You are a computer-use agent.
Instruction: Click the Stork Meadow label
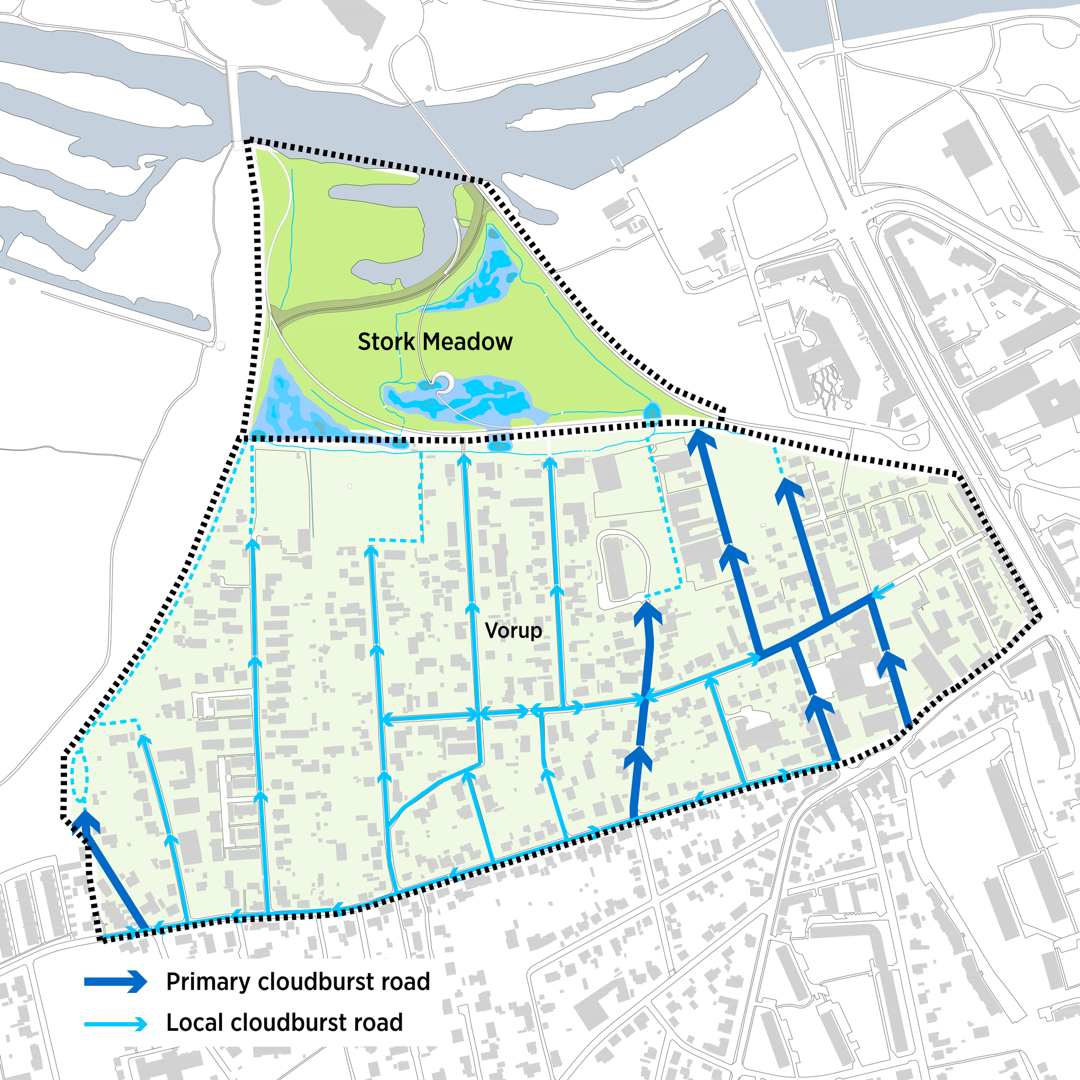(434, 342)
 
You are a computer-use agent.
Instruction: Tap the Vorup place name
(513, 631)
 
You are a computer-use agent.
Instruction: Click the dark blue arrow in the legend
(116, 981)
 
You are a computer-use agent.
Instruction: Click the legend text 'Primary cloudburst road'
(298, 982)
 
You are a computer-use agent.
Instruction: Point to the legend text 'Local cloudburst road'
(285, 1023)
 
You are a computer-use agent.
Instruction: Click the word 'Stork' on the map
(386, 342)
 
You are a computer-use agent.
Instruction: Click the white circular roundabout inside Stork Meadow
(446, 382)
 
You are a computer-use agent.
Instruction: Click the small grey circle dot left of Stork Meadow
(220, 346)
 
